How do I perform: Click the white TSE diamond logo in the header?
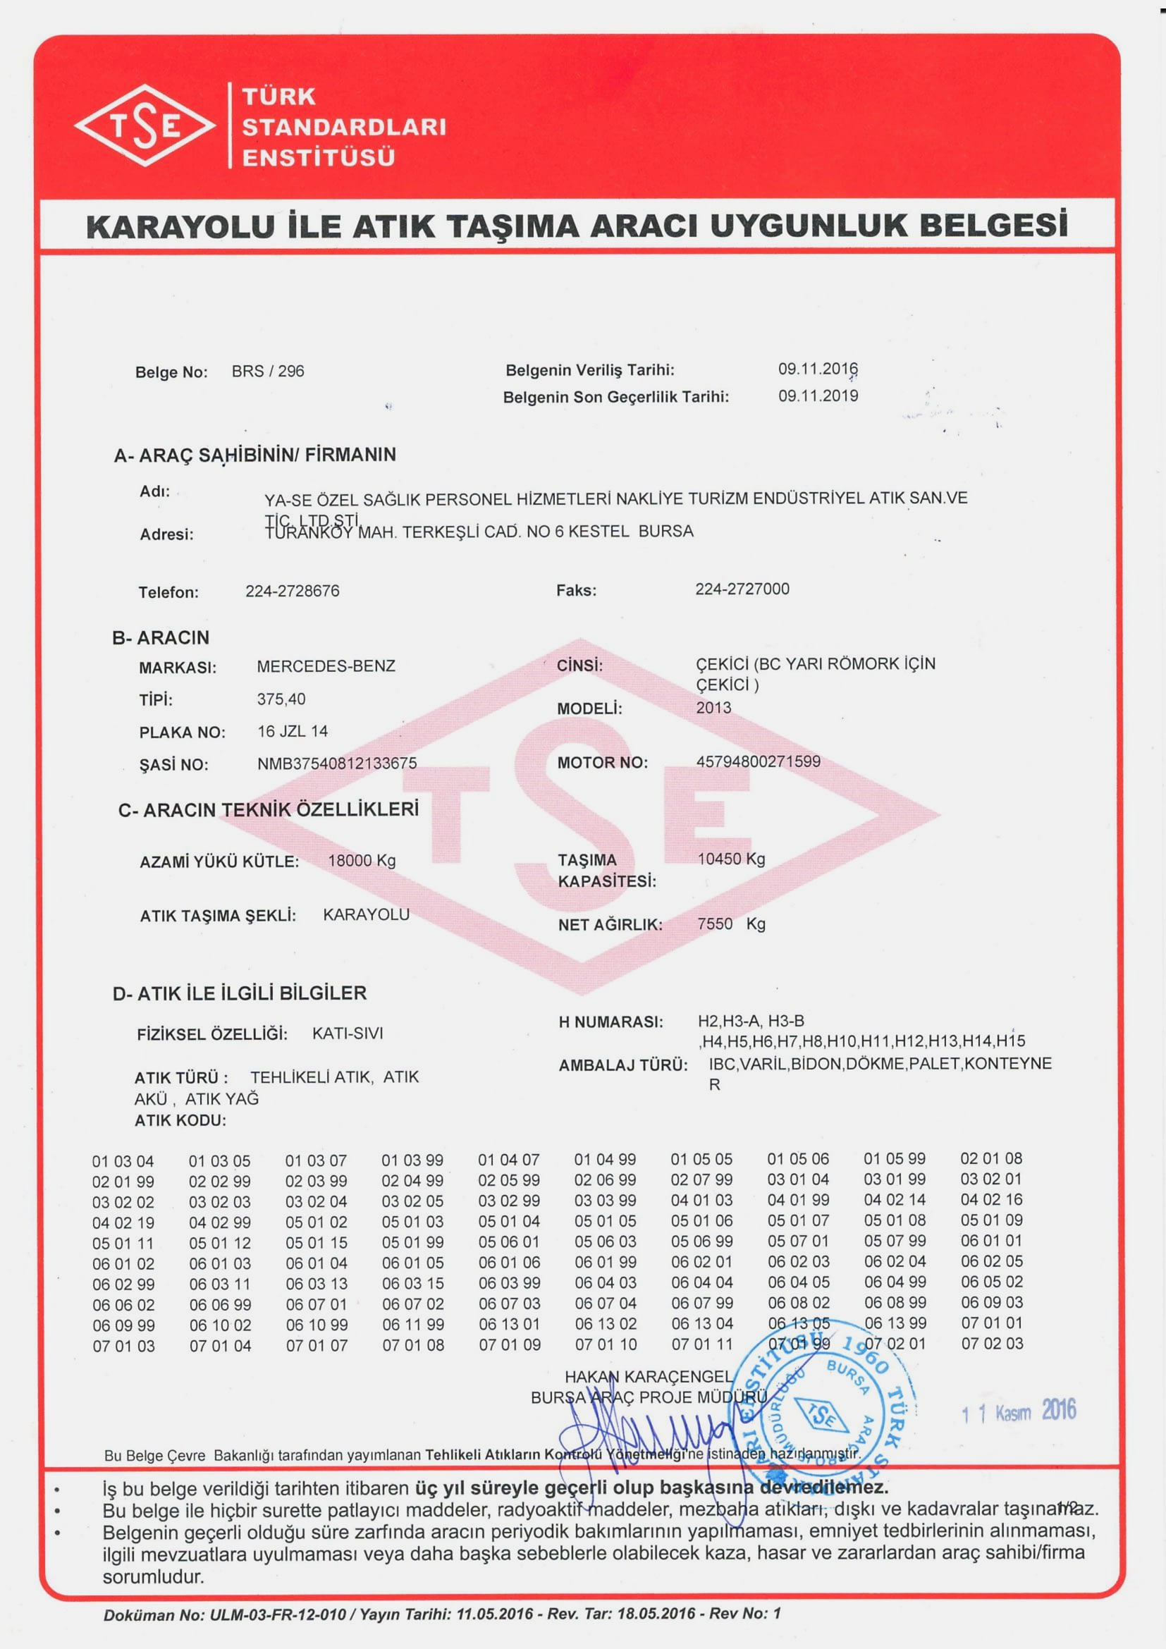point(145,125)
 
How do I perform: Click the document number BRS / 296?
point(268,372)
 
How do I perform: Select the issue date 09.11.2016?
point(818,369)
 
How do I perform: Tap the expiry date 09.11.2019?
point(818,396)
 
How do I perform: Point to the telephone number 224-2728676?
point(293,591)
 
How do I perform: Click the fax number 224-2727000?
point(742,589)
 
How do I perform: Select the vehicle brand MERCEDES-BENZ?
point(326,666)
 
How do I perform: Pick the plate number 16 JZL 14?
point(293,731)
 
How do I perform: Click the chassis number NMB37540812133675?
point(337,764)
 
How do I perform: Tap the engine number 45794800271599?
point(759,761)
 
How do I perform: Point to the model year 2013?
point(713,707)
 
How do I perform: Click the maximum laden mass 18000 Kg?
point(362,860)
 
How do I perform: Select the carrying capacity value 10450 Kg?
point(732,859)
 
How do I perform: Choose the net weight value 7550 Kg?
point(732,924)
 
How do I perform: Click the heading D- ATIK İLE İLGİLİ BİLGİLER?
point(240,993)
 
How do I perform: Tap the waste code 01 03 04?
point(123,1161)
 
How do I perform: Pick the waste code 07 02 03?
point(992,1343)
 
